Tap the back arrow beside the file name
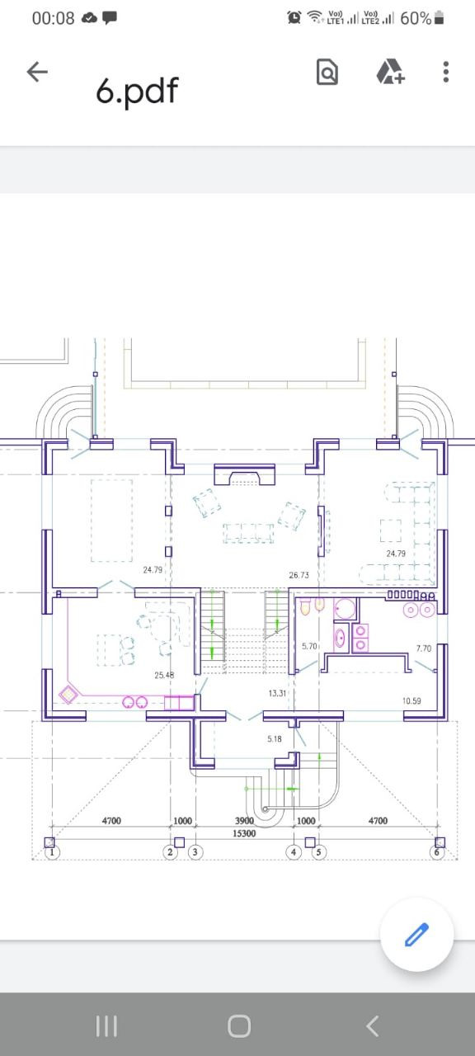[37, 72]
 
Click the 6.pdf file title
[137, 90]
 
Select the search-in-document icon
[327, 72]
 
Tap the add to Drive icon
[390, 72]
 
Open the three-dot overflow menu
[446, 72]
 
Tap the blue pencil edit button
[417, 934]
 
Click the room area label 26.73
[299, 575]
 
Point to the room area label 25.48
[164, 675]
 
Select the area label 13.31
[277, 693]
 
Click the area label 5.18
[275, 738]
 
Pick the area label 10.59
[412, 701]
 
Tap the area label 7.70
[424, 648]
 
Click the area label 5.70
[309, 646]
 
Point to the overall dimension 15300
[244, 833]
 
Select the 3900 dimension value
[244, 821]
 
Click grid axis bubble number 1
[52, 852]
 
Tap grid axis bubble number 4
[294, 852]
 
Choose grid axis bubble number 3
[195, 852]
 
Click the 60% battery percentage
[416, 18]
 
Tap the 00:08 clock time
[54, 18]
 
